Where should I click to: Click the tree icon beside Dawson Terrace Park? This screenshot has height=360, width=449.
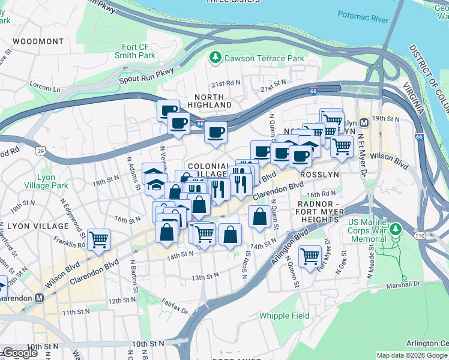[215, 58]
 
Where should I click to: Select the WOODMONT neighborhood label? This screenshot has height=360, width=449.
[37, 41]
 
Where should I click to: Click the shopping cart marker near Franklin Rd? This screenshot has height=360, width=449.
[99, 239]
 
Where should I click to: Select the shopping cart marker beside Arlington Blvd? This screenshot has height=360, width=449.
[310, 256]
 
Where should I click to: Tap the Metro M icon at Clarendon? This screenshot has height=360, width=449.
[40, 297]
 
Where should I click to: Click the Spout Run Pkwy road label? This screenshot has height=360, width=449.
[146, 75]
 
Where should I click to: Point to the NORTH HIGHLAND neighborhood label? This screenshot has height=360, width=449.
[209, 101]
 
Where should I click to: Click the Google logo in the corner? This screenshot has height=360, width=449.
[20, 353]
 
